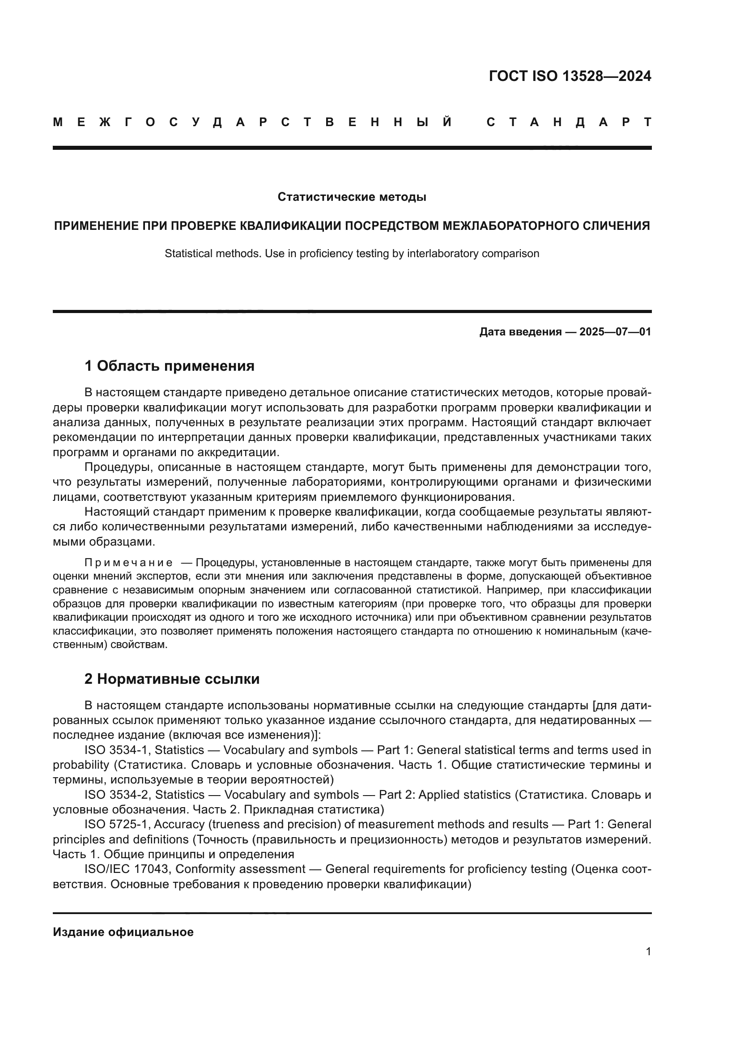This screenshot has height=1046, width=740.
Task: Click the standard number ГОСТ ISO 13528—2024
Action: click(x=570, y=76)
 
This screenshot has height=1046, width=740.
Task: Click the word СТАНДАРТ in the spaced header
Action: click(x=569, y=122)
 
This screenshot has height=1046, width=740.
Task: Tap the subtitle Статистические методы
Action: click(x=352, y=197)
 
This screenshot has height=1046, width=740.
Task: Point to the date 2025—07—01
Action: click(x=615, y=332)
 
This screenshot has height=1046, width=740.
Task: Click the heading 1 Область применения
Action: click(x=170, y=366)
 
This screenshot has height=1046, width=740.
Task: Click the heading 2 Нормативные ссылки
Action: click(x=172, y=679)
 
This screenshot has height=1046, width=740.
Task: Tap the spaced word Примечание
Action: click(x=128, y=563)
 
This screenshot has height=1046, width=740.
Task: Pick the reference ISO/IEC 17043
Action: click(x=127, y=869)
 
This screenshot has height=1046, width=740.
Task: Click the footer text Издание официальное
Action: click(x=123, y=932)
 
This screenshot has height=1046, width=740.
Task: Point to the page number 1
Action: click(x=648, y=951)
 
